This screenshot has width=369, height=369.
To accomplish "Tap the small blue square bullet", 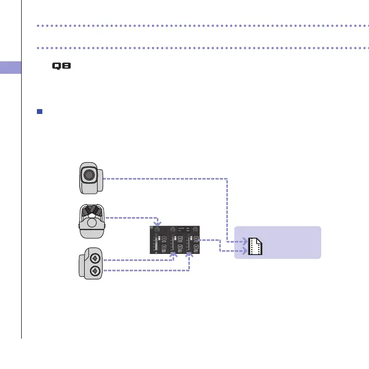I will [39, 112].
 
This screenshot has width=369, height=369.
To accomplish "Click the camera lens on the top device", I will [88, 175].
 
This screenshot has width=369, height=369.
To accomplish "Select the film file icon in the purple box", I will [255, 246].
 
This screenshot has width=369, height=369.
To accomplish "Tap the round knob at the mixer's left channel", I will [157, 230].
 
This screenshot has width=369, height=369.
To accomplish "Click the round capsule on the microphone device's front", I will [93, 222].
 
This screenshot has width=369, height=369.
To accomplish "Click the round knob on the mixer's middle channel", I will [173, 230].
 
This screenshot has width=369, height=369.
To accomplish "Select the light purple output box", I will [277, 243].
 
